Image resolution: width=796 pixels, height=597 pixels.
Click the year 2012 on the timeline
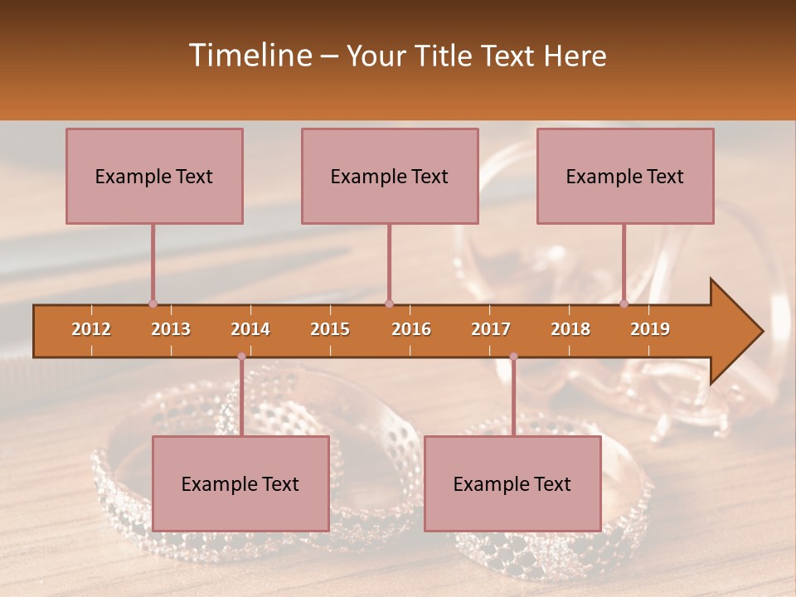click(x=91, y=329)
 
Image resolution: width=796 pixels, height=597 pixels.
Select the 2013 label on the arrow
click(x=171, y=329)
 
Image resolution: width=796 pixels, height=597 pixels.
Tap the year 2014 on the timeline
click(x=250, y=329)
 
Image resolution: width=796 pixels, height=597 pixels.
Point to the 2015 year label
click(x=330, y=329)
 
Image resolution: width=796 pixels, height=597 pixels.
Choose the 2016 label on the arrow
click(x=411, y=329)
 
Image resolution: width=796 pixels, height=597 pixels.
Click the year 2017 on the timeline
click(x=491, y=329)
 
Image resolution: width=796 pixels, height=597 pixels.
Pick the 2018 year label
click(x=570, y=329)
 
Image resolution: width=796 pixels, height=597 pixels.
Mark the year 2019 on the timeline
click(x=650, y=329)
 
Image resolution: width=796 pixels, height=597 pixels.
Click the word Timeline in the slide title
click(x=249, y=56)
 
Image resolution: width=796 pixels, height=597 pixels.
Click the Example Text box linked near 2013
click(x=154, y=176)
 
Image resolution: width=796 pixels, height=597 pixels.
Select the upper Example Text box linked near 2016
click(x=390, y=176)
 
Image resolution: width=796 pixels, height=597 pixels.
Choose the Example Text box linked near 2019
click(x=625, y=176)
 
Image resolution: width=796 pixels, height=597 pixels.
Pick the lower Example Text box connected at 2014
click(x=240, y=483)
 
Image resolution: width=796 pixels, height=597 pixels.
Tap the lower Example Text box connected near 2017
click(x=512, y=483)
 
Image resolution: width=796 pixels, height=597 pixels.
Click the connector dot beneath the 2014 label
click(x=241, y=357)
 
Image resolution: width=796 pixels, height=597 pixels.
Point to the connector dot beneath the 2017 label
click(x=513, y=357)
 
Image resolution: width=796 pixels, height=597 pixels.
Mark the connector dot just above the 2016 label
click(x=389, y=303)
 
